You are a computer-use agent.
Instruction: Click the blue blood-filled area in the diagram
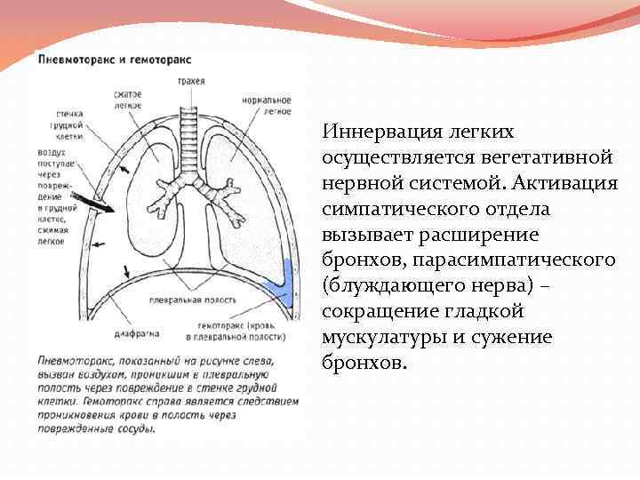click(282, 283)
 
